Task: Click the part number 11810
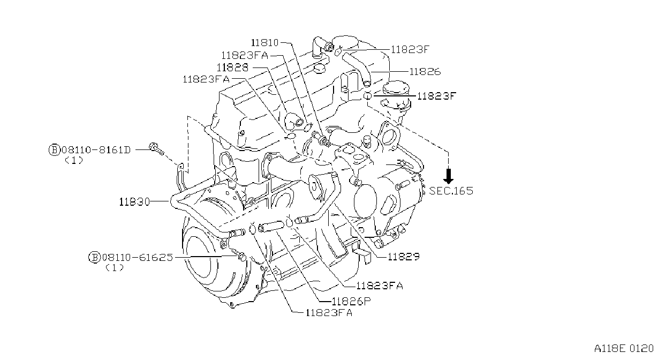click(264, 43)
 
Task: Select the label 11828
click(233, 67)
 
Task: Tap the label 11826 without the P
click(425, 71)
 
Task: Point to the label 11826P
click(351, 301)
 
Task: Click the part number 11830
click(134, 202)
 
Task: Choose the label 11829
click(404, 257)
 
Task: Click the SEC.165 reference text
click(451, 191)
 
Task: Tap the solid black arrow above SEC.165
click(448, 176)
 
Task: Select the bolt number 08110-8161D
click(96, 150)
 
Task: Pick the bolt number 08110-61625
click(138, 258)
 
